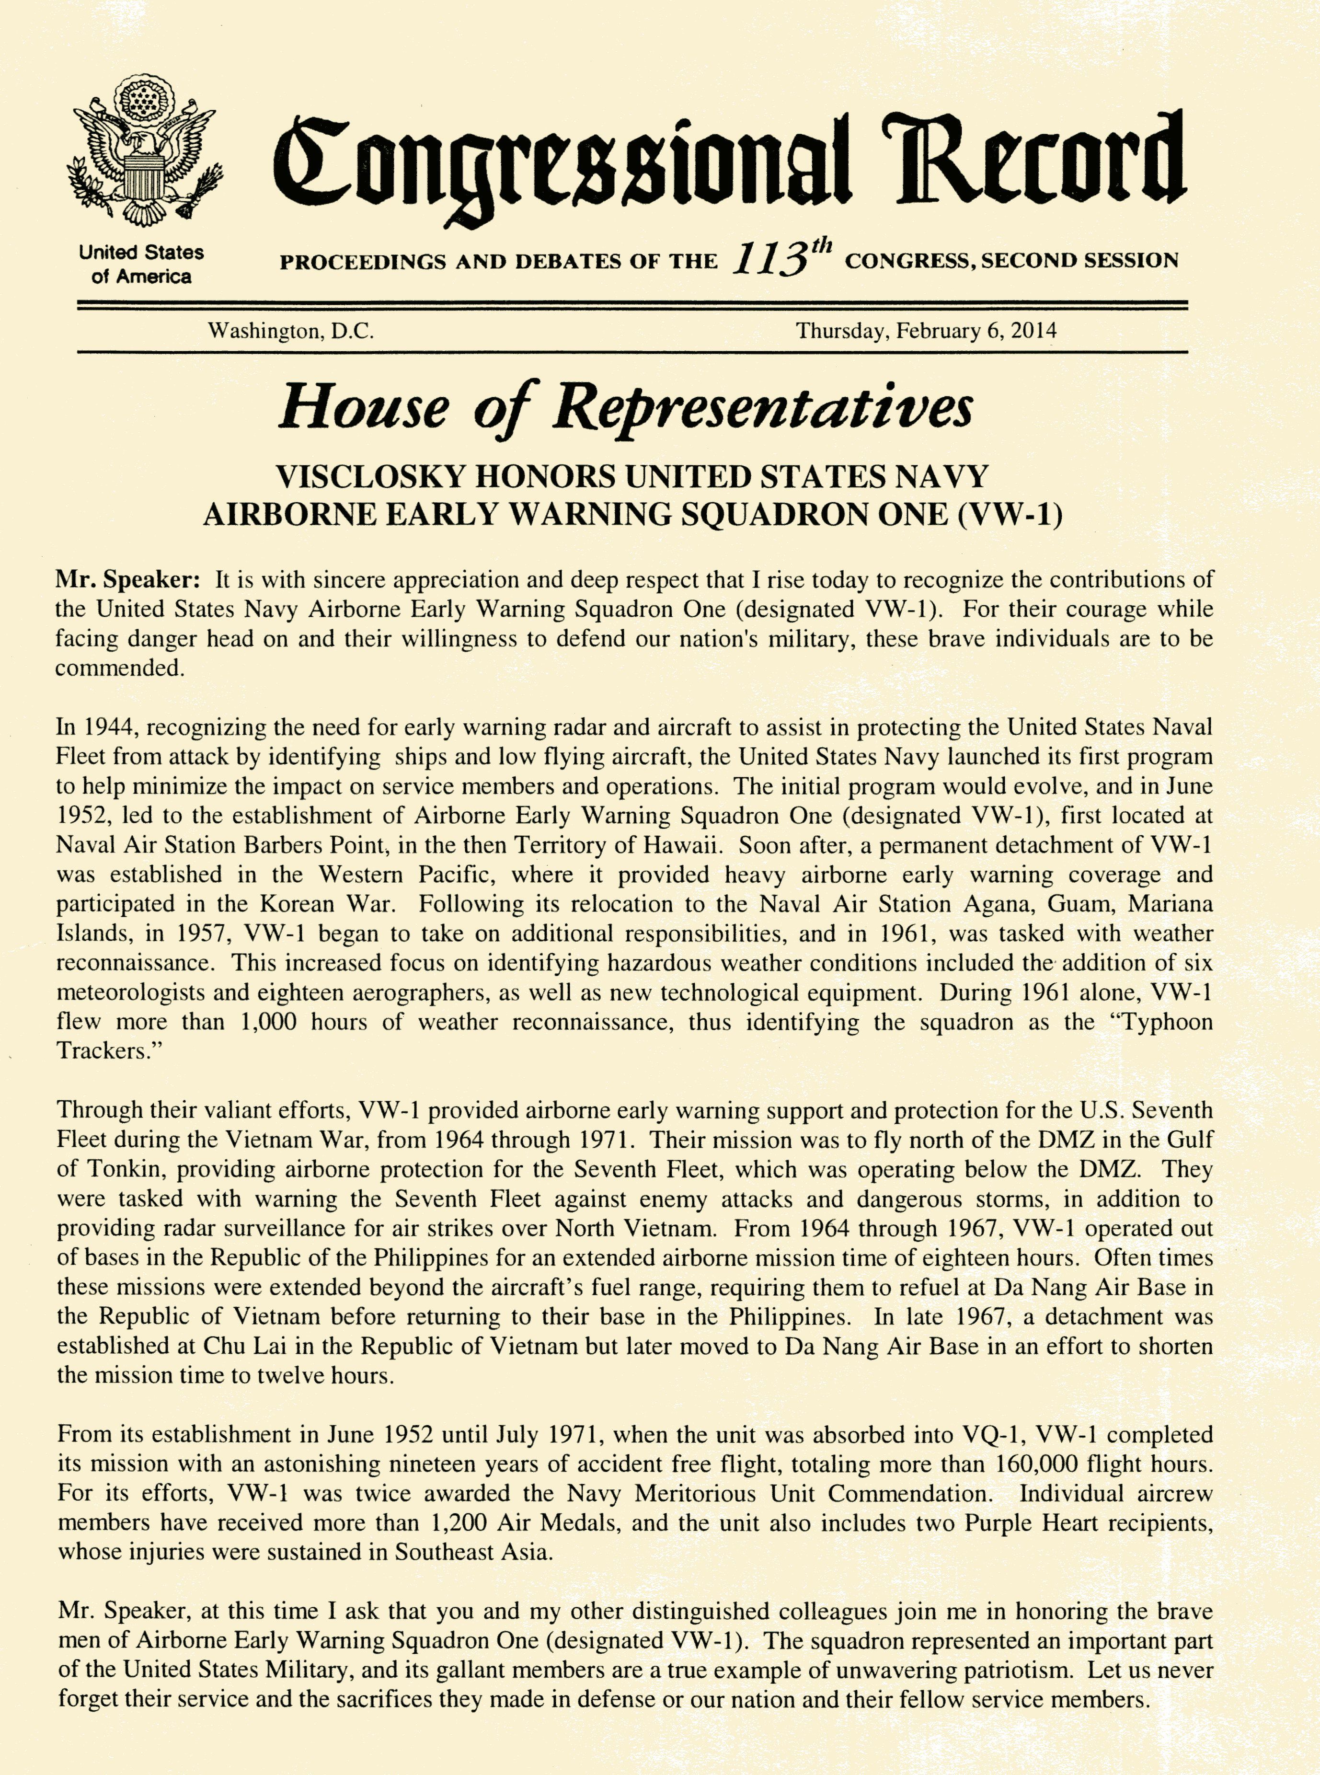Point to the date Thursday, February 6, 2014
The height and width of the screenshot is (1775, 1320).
[925, 331]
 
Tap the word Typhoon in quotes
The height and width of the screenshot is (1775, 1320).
[1167, 1022]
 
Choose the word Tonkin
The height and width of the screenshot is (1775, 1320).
[123, 1169]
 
